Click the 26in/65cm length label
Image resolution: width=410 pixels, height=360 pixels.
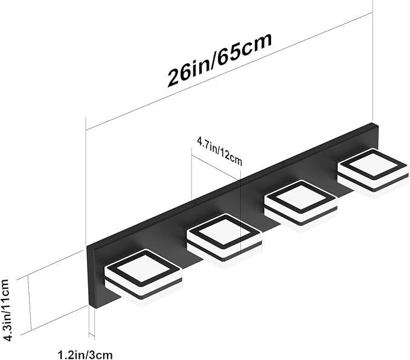tap(220, 60)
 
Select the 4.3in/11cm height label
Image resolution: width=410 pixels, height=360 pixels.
tap(6, 310)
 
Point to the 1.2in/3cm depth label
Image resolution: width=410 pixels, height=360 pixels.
tap(85, 355)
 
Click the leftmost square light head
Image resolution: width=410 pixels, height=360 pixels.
tap(143, 278)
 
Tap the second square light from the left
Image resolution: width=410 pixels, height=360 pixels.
tap(225, 237)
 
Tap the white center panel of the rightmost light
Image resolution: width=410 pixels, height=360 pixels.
tap(373, 166)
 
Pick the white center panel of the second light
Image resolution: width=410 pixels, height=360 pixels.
tap(224, 231)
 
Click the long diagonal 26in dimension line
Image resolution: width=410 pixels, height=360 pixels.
tap(229, 71)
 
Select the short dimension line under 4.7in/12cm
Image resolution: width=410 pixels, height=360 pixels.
tap(216, 167)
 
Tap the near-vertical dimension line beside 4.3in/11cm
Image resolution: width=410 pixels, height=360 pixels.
tap(29, 303)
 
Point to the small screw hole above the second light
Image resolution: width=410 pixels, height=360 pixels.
tap(195, 202)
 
